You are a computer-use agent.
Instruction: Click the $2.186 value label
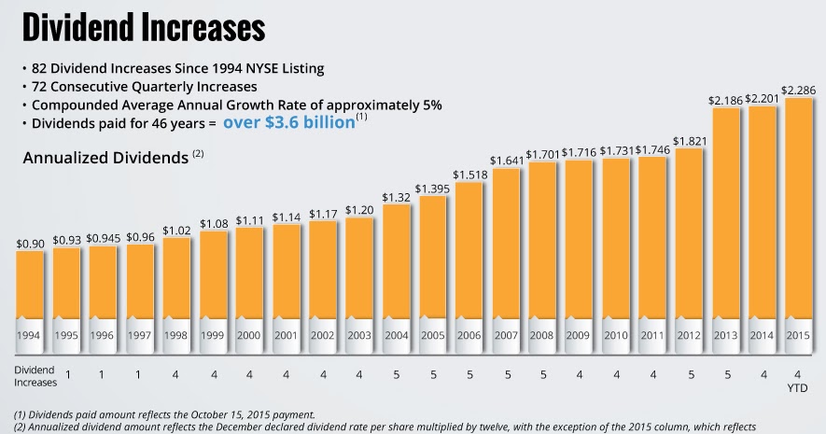[x=724, y=99]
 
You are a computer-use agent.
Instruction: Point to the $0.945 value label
[x=103, y=239]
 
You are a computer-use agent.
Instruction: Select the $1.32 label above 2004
[x=396, y=197]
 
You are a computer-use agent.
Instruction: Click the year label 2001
[x=286, y=333]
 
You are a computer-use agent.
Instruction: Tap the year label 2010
[x=615, y=333]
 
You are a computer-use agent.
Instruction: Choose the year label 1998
[x=176, y=333]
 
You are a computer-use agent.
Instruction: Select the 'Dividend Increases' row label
[x=35, y=375]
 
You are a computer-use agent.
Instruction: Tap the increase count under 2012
[x=689, y=375]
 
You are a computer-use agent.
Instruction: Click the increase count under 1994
[x=67, y=375]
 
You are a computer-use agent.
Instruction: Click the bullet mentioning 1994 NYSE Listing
[x=176, y=68]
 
